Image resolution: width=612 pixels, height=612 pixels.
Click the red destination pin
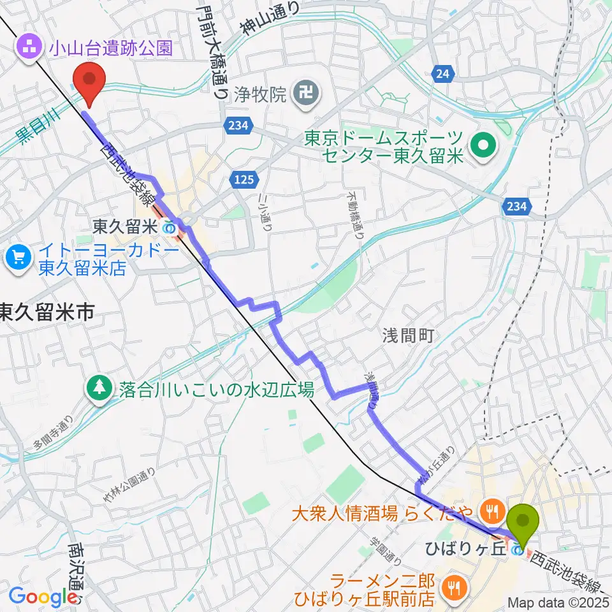89,81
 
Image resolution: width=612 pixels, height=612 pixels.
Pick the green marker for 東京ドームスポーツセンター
483,145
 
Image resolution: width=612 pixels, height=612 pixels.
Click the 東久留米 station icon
170,226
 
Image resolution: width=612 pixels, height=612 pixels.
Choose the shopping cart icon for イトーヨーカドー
17,258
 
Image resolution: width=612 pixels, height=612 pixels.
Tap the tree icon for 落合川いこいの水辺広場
100,389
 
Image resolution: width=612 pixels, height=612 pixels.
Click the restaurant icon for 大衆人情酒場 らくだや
490,510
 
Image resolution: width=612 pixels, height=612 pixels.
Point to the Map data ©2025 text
558,602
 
